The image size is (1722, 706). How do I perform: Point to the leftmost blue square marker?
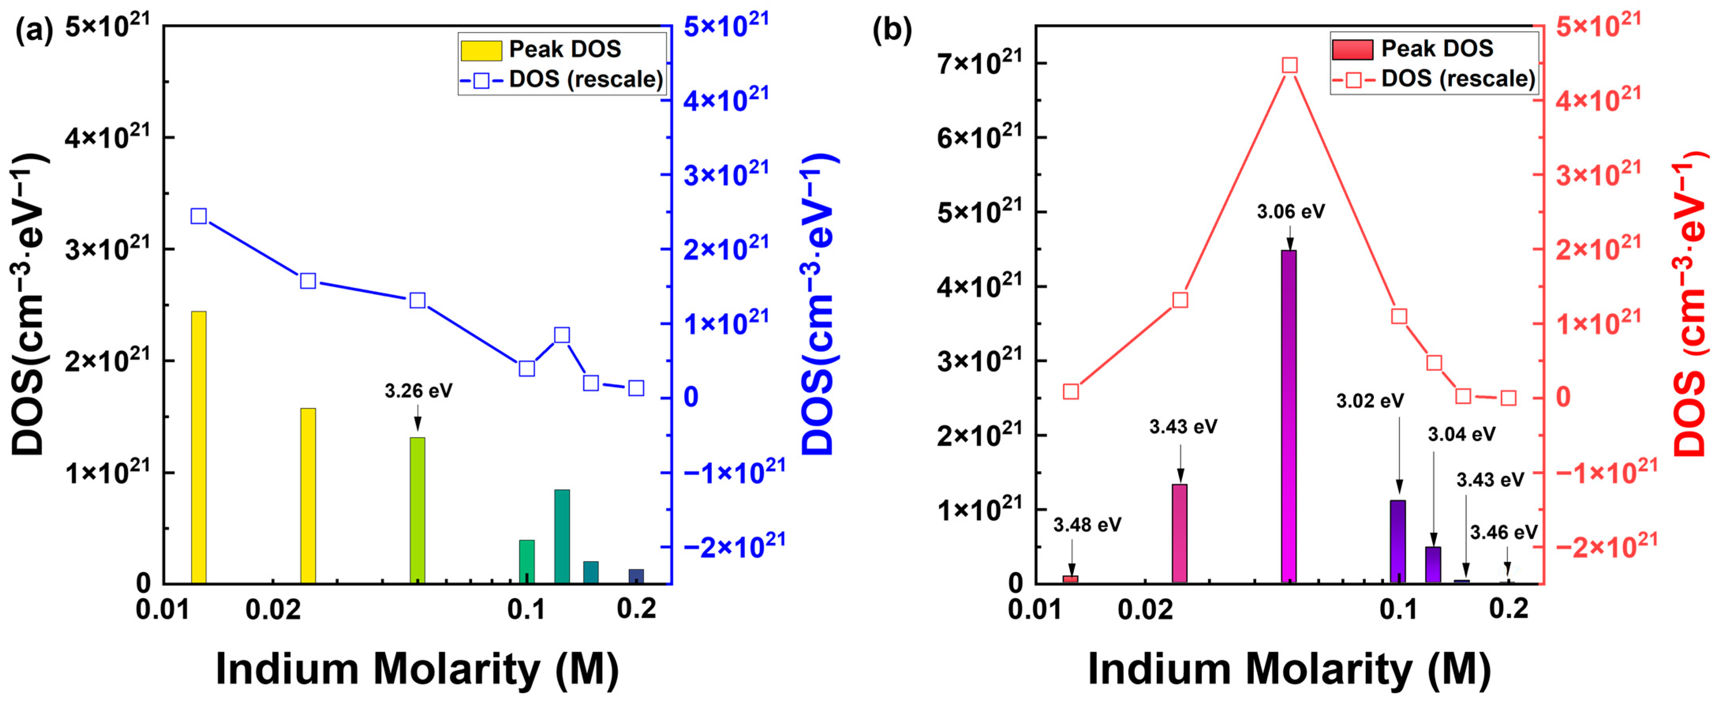pos(198,216)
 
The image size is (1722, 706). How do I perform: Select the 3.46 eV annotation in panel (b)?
pos(1503,533)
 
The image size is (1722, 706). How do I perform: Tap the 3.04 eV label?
pos(1461,434)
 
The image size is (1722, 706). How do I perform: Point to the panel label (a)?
pos(34,32)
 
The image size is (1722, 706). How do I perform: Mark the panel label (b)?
pos(892,32)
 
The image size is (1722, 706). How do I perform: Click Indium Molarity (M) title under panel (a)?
pos(417,669)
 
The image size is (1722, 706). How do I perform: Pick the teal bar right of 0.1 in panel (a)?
pos(562,536)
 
